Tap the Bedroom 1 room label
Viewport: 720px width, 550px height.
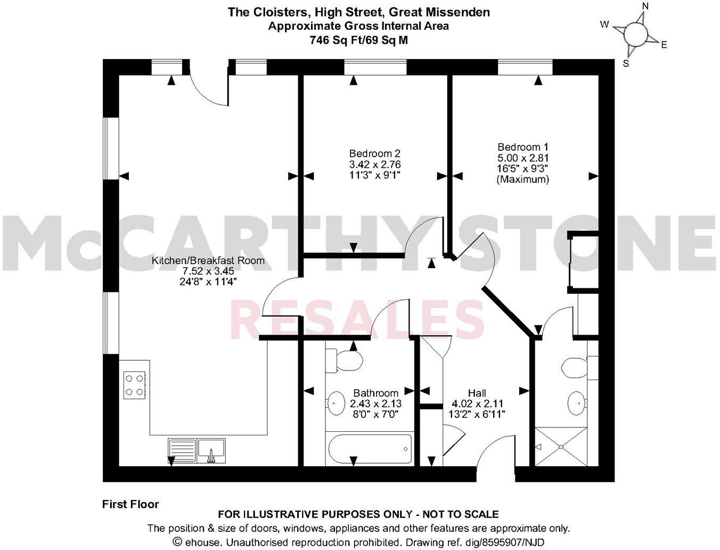[x=522, y=147]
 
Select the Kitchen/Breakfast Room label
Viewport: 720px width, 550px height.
[x=208, y=261]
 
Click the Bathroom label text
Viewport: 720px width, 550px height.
[x=375, y=393]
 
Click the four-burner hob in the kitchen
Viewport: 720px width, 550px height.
[x=134, y=385]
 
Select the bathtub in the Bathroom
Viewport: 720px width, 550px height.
[x=369, y=449]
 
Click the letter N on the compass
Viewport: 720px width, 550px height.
[x=645, y=6]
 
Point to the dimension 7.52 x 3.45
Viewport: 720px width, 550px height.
[x=208, y=271]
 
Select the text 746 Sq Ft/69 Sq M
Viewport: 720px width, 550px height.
[x=358, y=40]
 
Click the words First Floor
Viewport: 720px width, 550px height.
[x=130, y=504]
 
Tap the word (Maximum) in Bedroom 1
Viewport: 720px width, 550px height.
[x=522, y=180]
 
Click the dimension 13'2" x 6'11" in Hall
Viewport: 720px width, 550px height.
[x=477, y=414]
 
